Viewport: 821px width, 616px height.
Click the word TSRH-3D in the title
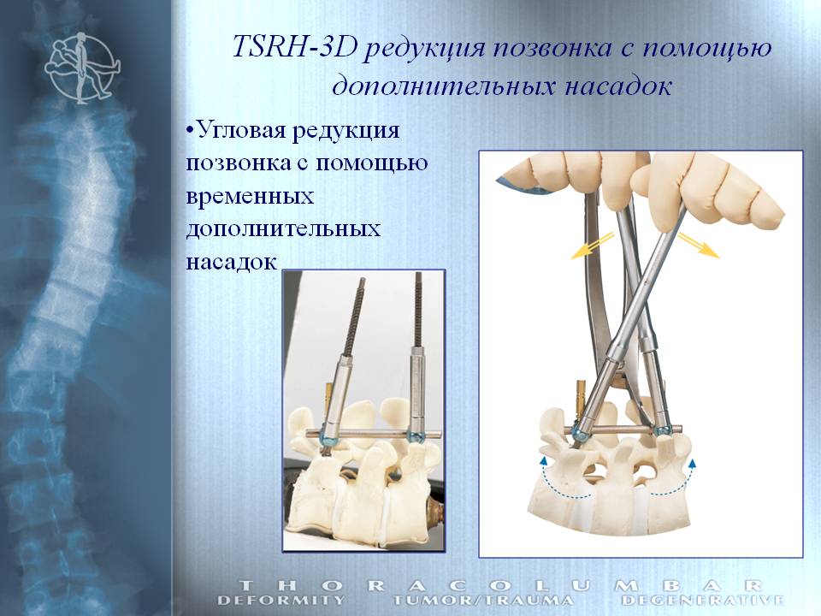pos(294,48)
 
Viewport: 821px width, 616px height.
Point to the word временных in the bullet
pos(250,197)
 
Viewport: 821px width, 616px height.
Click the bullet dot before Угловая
pos(190,130)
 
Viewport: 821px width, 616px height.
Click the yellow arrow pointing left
pos(592,246)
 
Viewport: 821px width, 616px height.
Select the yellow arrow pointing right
pos(699,246)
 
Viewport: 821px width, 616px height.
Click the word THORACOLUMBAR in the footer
pos(500,585)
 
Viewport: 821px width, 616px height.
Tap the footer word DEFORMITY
pos(281,601)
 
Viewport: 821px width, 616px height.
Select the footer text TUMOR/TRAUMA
pos(482,601)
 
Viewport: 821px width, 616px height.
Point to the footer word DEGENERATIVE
pos(703,601)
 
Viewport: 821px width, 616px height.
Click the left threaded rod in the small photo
pos(354,316)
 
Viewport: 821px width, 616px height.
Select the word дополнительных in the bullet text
pos(283,229)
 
